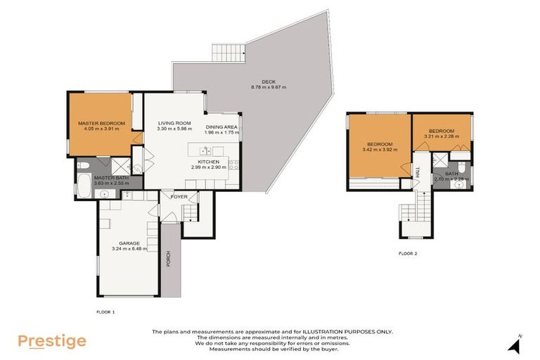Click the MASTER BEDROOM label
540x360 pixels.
click(x=101, y=123)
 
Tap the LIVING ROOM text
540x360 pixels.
click(x=172, y=123)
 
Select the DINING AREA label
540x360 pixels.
click(x=221, y=127)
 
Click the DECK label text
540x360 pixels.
click(x=268, y=81)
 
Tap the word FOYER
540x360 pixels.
click(x=179, y=197)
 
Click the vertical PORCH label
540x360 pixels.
click(x=168, y=259)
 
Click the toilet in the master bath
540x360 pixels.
click(x=84, y=166)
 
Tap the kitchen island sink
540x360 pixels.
click(x=205, y=150)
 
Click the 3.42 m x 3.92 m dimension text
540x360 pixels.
click(x=378, y=150)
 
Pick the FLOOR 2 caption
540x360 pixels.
click(x=409, y=253)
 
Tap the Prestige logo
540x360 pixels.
click(x=52, y=342)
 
